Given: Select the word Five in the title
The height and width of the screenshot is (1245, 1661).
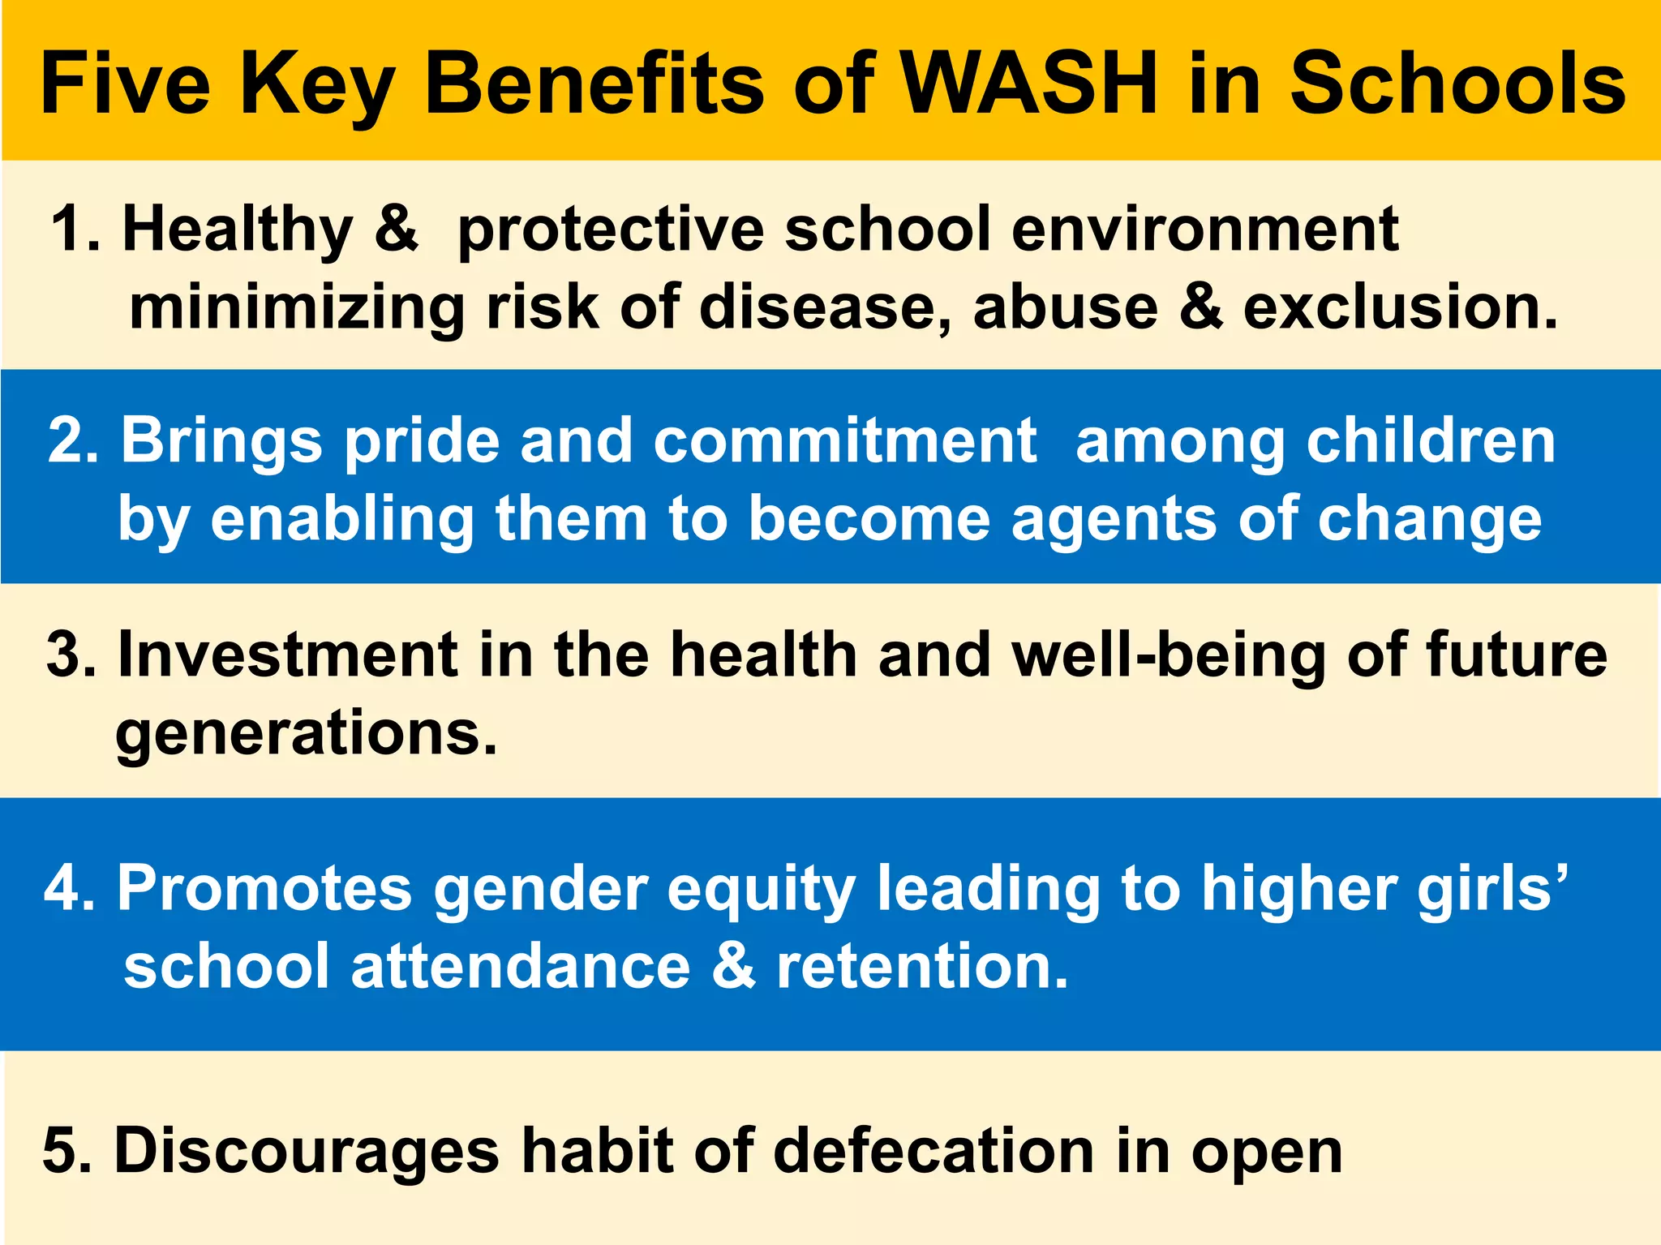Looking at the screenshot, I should [x=126, y=84].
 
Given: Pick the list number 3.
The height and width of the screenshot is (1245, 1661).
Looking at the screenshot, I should [x=68, y=655].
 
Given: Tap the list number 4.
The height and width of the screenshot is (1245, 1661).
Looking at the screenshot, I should [x=67, y=888].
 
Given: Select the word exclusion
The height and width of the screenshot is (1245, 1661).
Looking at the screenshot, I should [x=1400, y=307].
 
